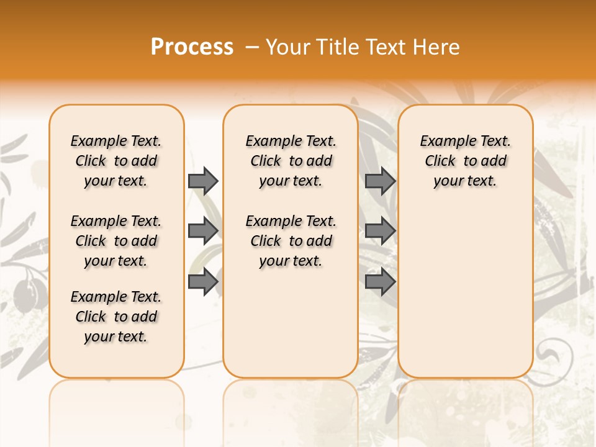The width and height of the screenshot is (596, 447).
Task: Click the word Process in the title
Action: pos(192,47)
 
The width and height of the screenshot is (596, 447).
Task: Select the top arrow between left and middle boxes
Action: pos(203,181)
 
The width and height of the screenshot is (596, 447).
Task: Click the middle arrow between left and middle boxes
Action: pos(203,231)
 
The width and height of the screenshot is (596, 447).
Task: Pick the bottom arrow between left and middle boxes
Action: pos(203,281)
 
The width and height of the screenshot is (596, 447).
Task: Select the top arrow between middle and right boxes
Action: pos(380,181)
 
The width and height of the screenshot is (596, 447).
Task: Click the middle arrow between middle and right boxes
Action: pos(380,231)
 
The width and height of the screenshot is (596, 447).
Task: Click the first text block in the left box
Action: pos(116,161)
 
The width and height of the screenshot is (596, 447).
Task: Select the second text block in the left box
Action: pos(116,241)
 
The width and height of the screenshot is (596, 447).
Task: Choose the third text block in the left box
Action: pos(116,317)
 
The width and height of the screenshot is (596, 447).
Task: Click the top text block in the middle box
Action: pos(291,161)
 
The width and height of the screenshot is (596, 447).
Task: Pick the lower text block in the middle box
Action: pos(291,241)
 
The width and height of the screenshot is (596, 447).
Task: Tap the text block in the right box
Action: pos(466,161)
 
